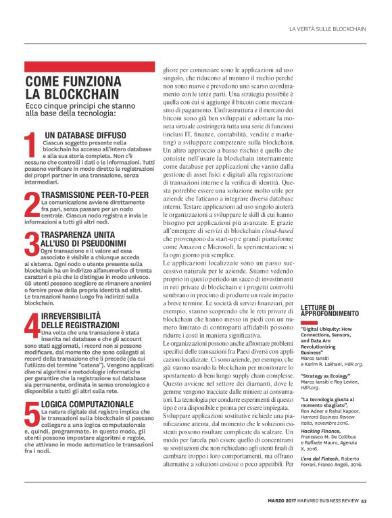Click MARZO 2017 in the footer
point(280,500)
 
